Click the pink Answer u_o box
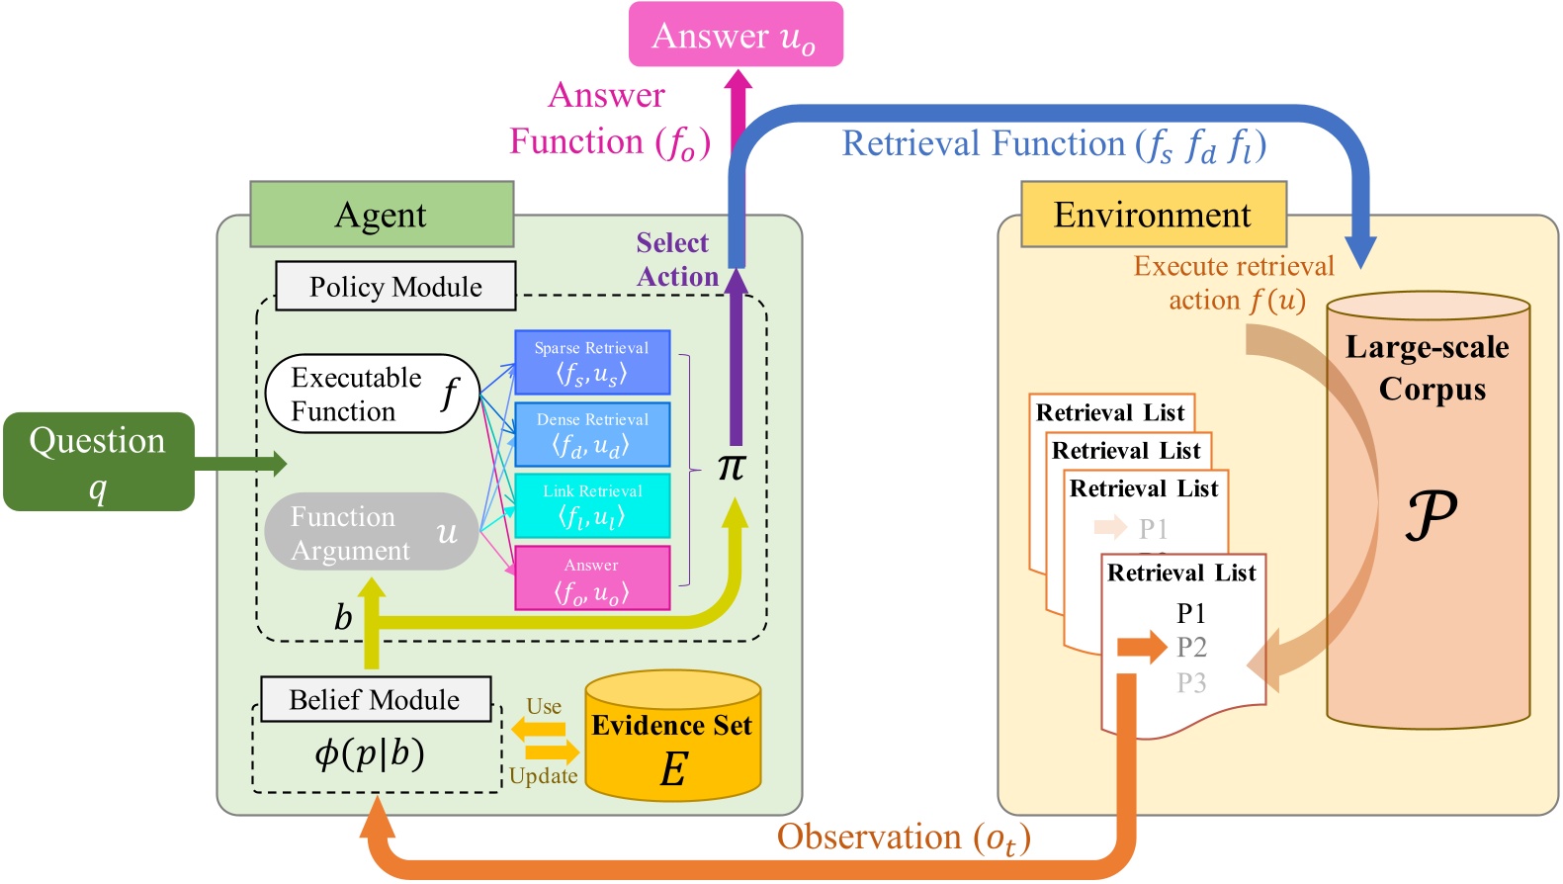(x=736, y=36)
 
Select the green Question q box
(x=98, y=461)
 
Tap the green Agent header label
(x=382, y=215)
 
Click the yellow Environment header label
(x=1153, y=215)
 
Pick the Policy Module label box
(x=395, y=287)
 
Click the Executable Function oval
(x=372, y=394)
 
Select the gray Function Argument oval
(x=372, y=532)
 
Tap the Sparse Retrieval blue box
(x=592, y=363)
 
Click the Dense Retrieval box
(x=592, y=434)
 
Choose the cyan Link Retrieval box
(x=592, y=505)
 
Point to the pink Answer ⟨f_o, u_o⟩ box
(x=592, y=578)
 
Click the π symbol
(x=732, y=467)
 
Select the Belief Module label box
(x=375, y=700)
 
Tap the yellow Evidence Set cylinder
(x=672, y=737)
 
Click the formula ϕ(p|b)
(x=370, y=753)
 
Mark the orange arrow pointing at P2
(x=1142, y=648)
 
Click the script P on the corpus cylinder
(x=1430, y=514)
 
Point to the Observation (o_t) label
(x=904, y=839)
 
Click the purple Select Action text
(x=675, y=260)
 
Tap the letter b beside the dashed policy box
(x=343, y=618)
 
